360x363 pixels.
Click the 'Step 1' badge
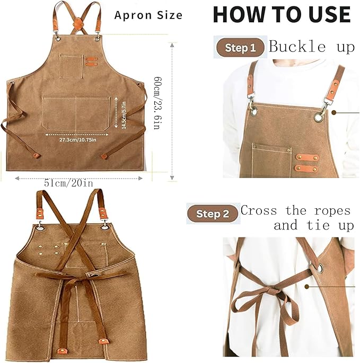[240, 48]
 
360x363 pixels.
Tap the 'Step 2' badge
[213, 214]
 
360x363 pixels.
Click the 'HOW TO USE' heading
[282, 14]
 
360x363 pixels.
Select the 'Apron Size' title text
[148, 15]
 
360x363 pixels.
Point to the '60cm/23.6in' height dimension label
[158, 103]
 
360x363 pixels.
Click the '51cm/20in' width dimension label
[68, 183]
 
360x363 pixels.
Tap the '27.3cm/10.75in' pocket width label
[77, 139]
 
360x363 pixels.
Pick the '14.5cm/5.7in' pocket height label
[124, 115]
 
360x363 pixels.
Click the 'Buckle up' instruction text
[312, 46]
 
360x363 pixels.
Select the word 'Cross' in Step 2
[259, 210]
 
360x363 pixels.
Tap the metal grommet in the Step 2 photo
[320, 268]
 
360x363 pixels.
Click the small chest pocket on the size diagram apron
[72, 66]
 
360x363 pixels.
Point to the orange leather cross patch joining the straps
[78, 23]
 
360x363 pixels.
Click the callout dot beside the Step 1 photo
[334, 112]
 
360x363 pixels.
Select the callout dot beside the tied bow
[307, 287]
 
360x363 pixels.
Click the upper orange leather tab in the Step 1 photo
[307, 158]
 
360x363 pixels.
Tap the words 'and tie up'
[314, 225]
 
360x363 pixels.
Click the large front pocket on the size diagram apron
[76, 113]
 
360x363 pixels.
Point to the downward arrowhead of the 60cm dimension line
[172, 178]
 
